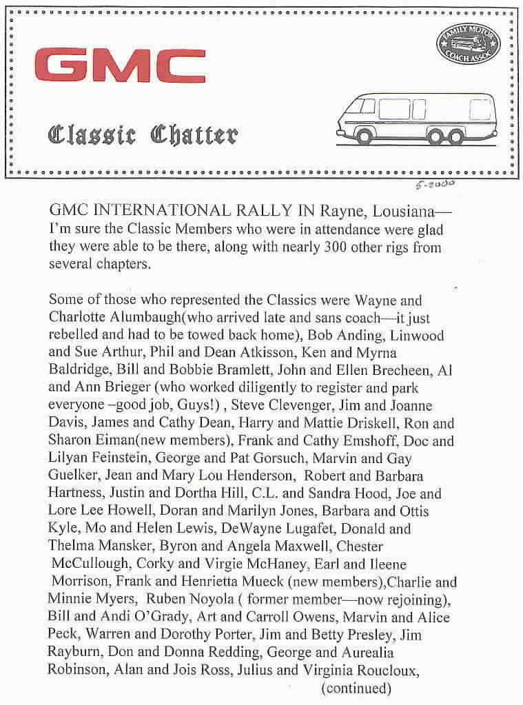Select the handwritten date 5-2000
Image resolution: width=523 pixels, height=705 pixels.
point(435,183)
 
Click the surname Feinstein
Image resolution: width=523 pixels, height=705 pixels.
point(114,458)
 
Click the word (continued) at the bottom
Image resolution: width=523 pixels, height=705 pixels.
point(356,688)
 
